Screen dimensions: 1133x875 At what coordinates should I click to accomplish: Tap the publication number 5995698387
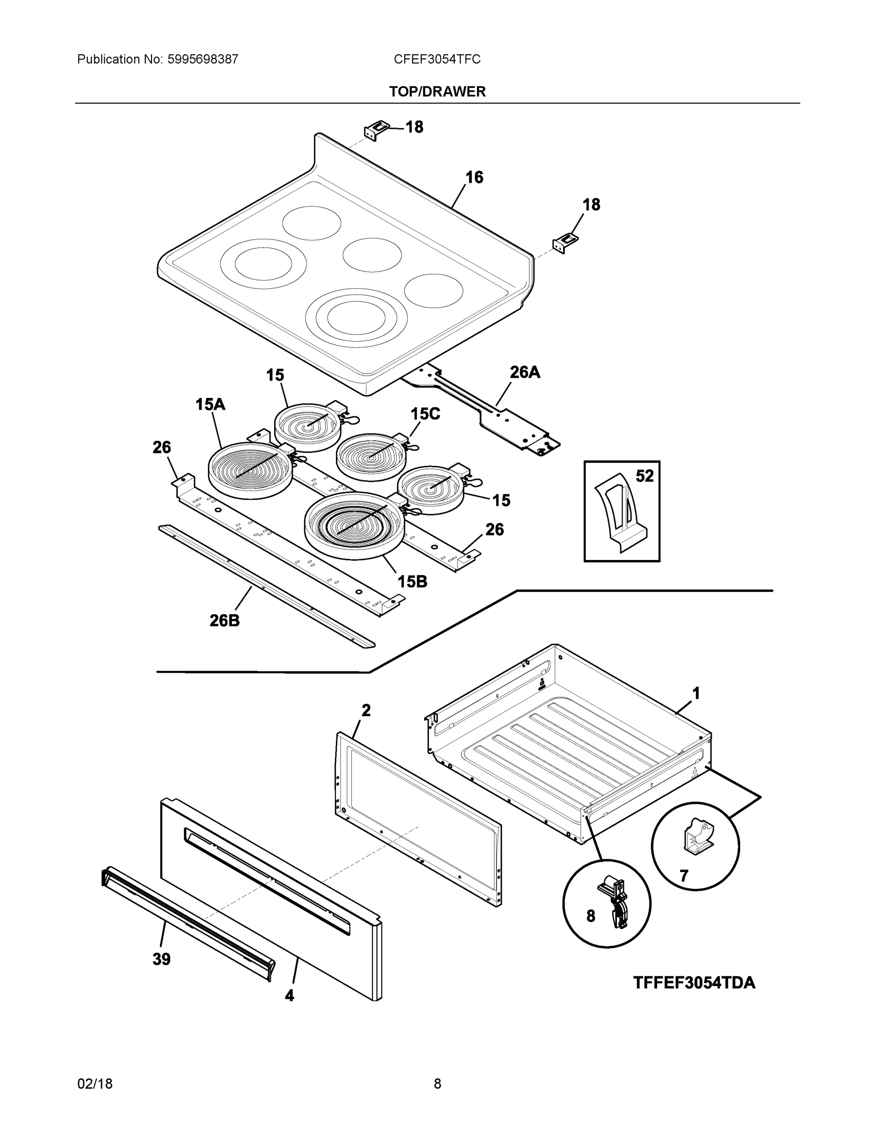point(203,59)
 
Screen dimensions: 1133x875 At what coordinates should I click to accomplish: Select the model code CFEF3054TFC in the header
point(436,59)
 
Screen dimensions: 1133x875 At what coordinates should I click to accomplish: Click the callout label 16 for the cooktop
point(474,178)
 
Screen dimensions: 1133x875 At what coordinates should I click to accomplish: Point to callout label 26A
point(525,372)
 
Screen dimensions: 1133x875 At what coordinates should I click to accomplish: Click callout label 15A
point(210,404)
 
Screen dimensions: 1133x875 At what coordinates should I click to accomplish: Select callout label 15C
point(425,414)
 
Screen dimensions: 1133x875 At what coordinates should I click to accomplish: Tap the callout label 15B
point(412,582)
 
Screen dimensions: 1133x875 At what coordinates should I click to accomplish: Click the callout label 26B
point(225,620)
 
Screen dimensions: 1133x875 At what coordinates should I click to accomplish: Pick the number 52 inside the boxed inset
point(644,476)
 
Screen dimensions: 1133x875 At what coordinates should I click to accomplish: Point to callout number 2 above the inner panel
point(366,710)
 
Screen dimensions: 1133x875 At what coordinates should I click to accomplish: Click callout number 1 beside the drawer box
point(696,693)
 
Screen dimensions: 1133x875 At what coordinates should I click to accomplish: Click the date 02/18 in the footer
point(95,1084)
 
